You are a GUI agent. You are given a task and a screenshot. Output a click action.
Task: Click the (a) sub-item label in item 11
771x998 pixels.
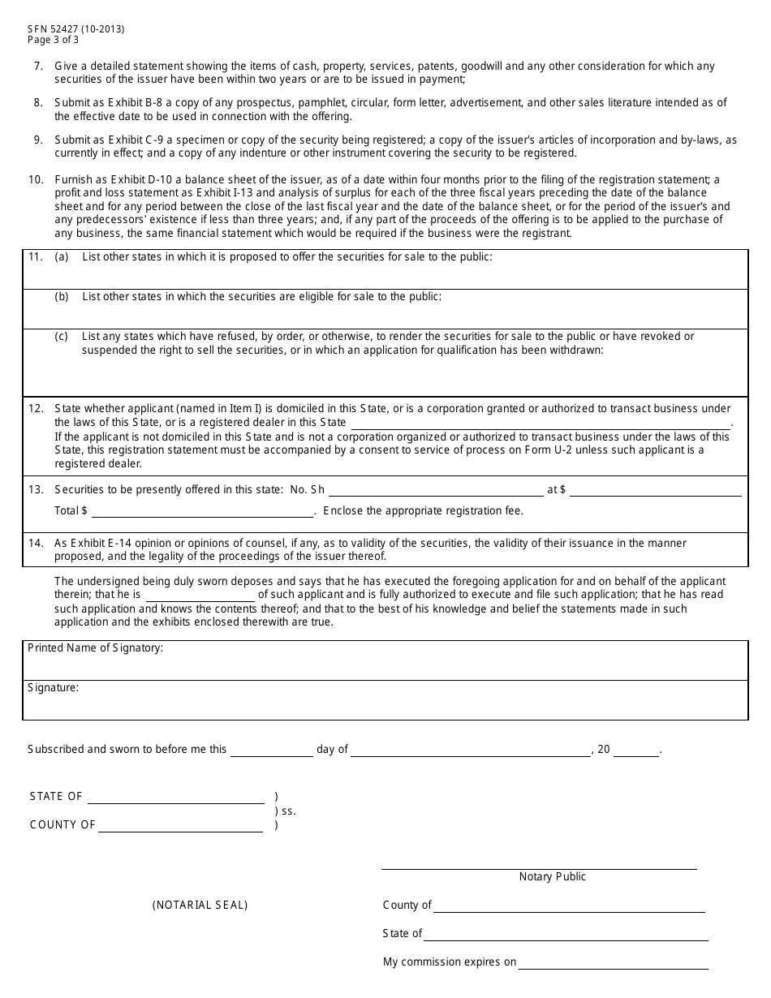coord(62,257)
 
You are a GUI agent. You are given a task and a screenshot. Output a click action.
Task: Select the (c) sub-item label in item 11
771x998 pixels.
coord(62,336)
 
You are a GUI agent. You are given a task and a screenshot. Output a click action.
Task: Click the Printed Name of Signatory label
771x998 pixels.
coord(96,647)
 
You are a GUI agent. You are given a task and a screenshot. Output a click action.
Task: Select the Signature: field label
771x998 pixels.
coord(54,687)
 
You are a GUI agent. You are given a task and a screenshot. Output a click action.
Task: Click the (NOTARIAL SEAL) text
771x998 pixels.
coord(200,905)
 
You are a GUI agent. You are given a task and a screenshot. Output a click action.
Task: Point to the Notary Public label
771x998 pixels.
coord(552,876)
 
